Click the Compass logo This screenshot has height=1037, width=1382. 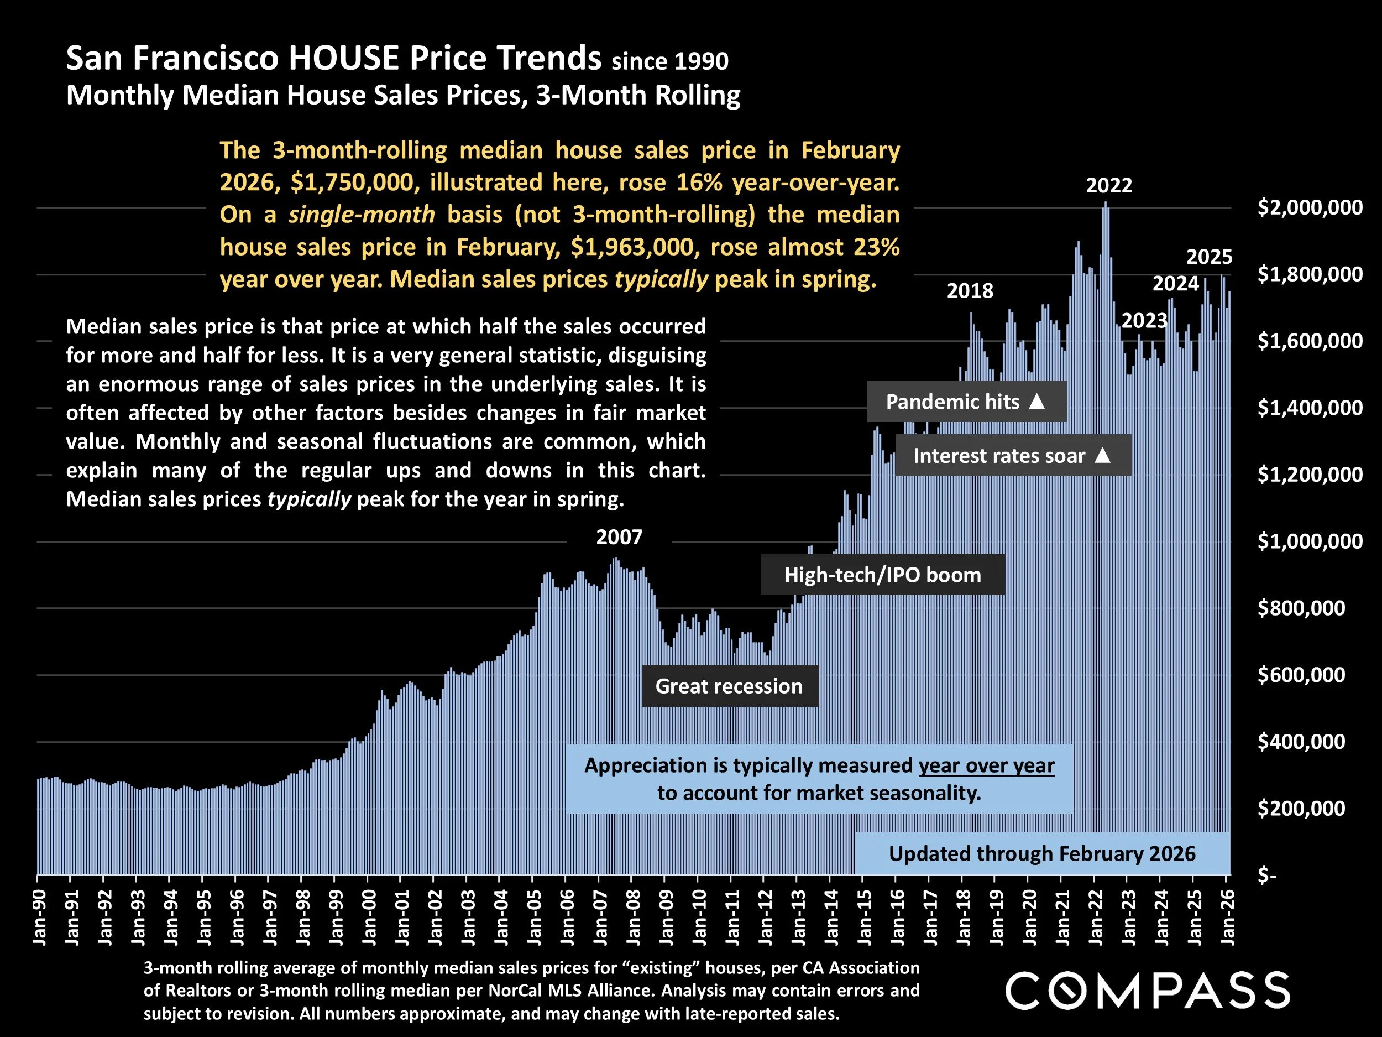1147,991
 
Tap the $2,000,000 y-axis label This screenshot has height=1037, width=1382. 1310,207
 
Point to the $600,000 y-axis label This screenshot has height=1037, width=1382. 1301,675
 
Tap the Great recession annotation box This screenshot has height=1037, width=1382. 729,686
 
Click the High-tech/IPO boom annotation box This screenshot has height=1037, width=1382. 882,575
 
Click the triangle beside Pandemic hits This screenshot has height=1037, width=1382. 1036,402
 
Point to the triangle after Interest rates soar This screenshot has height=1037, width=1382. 1103,455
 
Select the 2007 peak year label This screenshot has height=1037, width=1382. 619,538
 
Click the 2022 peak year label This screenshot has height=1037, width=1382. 1109,186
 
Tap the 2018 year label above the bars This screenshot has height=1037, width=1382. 970,291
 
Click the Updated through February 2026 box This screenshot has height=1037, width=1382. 1041,854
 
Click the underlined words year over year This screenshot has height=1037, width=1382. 986,765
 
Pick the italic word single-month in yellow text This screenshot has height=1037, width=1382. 361,215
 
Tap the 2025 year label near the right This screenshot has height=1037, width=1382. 1209,257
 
